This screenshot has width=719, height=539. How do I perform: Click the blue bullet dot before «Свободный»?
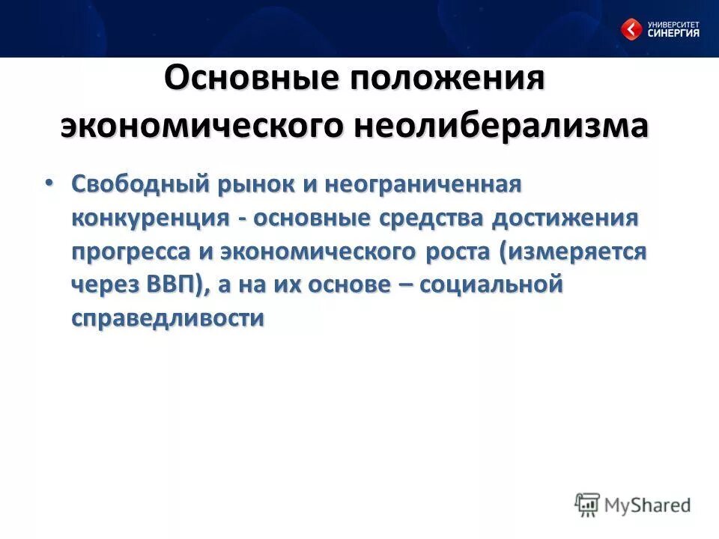[49, 183]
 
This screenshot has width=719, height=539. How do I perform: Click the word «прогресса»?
[132, 252]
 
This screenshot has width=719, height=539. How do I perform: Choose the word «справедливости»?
[169, 319]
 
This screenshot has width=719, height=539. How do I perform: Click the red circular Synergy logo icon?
[631, 29]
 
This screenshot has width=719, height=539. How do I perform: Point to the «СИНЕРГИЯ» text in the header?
[674, 33]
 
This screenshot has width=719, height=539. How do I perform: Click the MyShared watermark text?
[649, 505]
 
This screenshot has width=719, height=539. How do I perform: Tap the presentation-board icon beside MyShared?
[588, 505]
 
